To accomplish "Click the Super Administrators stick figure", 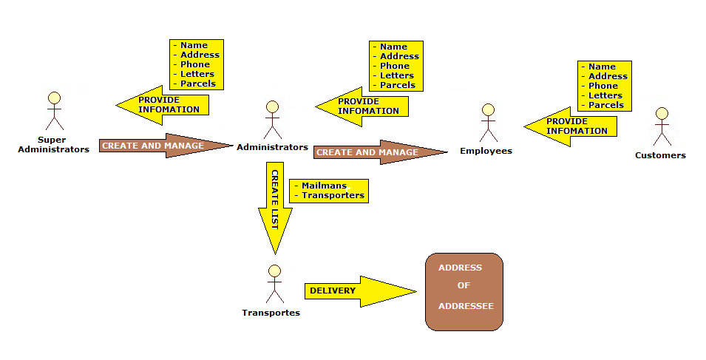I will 53,111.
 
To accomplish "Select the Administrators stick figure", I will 272,120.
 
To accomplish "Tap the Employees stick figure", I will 487,123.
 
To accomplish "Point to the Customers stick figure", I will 661,126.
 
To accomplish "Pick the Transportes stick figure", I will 274,284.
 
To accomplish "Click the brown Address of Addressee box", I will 464,291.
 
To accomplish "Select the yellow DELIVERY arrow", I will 359,291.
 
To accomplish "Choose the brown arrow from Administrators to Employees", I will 379,152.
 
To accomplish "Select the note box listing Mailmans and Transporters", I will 329,191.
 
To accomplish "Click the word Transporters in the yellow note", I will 333,195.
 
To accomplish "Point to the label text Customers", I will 660,155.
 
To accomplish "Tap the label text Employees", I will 486,151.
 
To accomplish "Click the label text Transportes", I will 271,312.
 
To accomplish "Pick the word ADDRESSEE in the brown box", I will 465,305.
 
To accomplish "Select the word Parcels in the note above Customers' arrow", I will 606,105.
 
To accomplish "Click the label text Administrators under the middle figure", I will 272,147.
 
